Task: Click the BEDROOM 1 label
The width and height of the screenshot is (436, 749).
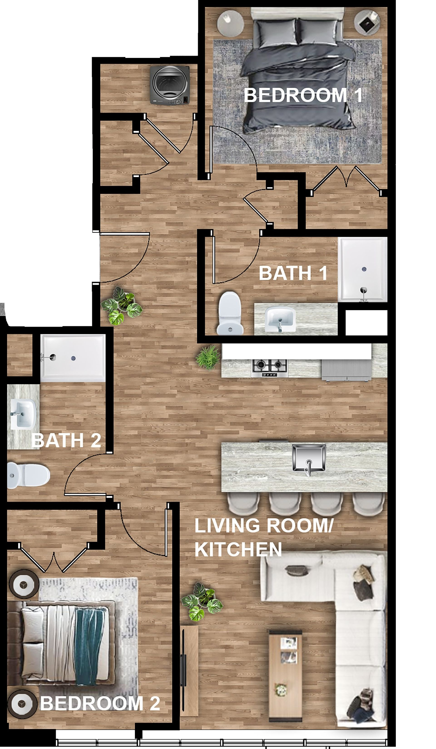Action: (303, 95)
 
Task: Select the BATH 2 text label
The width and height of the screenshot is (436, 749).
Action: (66, 440)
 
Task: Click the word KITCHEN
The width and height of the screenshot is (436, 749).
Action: (238, 549)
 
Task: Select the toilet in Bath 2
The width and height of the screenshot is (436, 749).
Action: (28, 475)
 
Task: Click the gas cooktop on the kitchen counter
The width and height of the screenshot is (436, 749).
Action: (270, 368)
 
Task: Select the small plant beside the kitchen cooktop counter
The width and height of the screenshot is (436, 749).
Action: (208, 357)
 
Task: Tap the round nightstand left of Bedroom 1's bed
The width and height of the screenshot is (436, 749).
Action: (231, 23)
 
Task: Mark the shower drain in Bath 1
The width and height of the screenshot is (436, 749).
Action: (364, 269)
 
